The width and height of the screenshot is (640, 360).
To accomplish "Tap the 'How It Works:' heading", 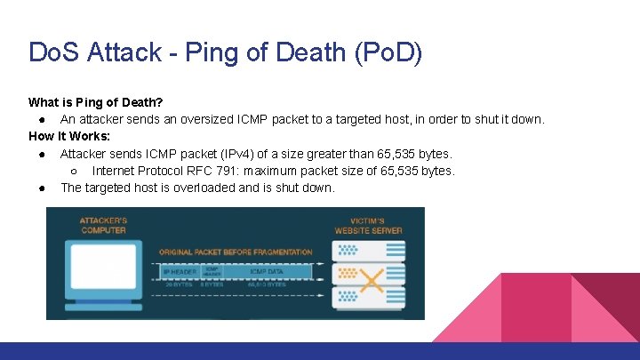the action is tap(69, 136).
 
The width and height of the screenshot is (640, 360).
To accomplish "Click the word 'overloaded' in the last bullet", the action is tap(200, 188).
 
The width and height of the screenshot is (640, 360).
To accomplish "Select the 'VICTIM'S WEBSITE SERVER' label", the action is tap(368, 225).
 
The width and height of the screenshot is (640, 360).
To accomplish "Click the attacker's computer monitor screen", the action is tap(103, 270).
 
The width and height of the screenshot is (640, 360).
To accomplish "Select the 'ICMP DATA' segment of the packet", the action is tap(268, 270).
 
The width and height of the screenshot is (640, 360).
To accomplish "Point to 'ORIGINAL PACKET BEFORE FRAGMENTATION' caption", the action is tap(236, 252).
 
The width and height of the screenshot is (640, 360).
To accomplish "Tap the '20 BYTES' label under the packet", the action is tap(180, 285).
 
